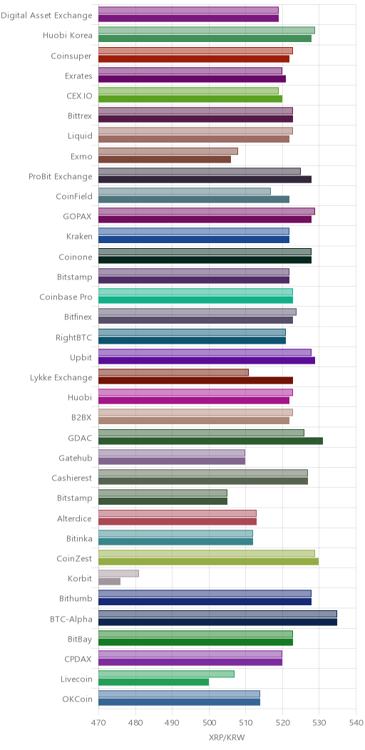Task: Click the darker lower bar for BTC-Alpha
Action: [x=217, y=622]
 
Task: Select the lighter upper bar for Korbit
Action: [x=118, y=573]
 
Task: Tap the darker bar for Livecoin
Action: [x=153, y=682]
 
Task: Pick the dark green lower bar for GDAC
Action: [x=210, y=441]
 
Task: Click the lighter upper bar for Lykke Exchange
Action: [x=174, y=373]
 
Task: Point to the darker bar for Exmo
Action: [x=165, y=159]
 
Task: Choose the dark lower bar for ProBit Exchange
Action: [x=205, y=180]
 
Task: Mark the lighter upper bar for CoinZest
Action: [x=207, y=553]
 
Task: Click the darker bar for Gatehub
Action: [x=172, y=461]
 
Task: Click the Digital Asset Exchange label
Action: [x=46, y=15]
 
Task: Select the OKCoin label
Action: [x=77, y=699]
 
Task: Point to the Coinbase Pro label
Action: [x=66, y=297]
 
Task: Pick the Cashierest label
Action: [x=72, y=478]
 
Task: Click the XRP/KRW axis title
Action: [x=227, y=737]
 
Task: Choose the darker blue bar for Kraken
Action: [x=194, y=240]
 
